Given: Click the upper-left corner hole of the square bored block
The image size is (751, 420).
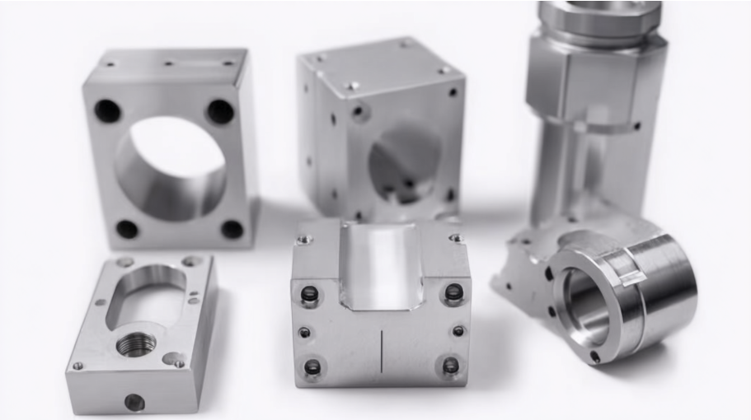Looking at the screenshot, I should (x=107, y=110).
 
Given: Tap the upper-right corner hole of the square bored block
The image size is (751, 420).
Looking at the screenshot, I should (x=220, y=111).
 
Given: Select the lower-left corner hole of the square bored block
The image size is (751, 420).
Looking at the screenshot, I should (x=126, y=229).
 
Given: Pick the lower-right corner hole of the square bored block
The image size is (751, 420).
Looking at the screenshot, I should (x=232, y=229).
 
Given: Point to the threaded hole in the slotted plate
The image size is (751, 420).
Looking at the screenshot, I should (x=136, y=344).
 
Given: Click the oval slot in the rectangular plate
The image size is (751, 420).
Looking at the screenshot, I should (x=148, y=291).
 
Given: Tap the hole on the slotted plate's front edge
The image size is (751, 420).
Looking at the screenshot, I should (x=134, y=402).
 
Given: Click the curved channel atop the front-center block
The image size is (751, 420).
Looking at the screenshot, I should (x=380, y=264).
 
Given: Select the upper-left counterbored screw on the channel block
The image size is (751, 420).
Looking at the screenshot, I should (x=310, y=294).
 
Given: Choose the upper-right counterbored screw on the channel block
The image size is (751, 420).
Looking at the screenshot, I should (x=453, y=292).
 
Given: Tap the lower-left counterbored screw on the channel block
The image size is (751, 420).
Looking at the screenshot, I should (x=312, y=366).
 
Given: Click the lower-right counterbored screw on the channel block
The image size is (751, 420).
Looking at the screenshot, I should (x=451, y=365).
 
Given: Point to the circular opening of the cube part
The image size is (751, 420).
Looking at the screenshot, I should (x=404, y=165).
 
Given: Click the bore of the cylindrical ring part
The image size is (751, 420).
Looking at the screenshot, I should (x=586, y=306).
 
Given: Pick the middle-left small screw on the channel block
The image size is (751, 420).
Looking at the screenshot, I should (x=305, y=333).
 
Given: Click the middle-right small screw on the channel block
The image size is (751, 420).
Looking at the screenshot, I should (x=458, y=331).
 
